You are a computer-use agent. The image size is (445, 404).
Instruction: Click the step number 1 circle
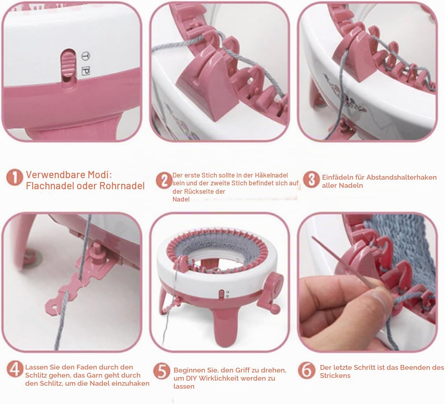[x=15, y=178]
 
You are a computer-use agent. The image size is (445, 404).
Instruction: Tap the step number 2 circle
[x=164, y=180]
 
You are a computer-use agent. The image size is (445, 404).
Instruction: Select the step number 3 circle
[x=312, y=180]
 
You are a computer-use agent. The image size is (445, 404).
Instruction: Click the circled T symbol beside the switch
[x=86, y=56]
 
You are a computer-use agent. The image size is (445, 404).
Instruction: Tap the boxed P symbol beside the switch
[x=86, y=71]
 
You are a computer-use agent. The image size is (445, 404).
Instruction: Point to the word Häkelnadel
[x=271, y=175]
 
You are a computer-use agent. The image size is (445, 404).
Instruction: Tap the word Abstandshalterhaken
[x=402, y=177]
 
